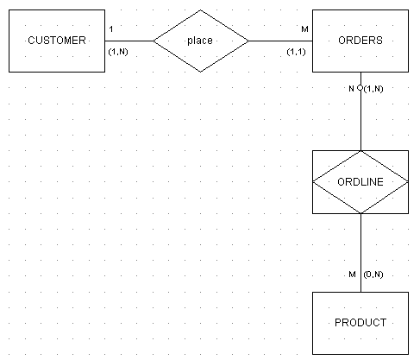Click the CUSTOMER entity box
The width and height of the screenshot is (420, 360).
(57, 41)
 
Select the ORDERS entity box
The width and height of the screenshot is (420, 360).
(360, 41)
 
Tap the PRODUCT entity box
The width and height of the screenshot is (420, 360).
(360, 323)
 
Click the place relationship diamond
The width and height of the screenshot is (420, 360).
(201, 41)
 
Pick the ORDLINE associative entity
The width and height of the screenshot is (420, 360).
(360, 182)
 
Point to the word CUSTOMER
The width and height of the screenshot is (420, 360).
(57, 41)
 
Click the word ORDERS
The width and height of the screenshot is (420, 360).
(360, 41)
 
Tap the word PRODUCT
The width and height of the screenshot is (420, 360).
(360, 323)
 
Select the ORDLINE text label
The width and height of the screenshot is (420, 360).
(360, 182)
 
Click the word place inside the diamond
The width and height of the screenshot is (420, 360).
(200, 41)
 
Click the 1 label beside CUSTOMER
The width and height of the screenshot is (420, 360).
(111, 29)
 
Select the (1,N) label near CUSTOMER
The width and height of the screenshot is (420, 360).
(118, 52)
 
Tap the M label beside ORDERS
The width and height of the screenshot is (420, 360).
(304, 29)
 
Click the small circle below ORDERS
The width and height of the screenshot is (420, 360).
(360, 88)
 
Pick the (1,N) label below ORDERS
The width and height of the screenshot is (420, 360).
(373, 89)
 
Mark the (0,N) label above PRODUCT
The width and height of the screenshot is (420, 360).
(373, 275)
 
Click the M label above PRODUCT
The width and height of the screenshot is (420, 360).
(352, 275)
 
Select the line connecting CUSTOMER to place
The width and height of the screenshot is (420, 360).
(129, 41)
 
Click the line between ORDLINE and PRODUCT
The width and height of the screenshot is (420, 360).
(360, 253)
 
